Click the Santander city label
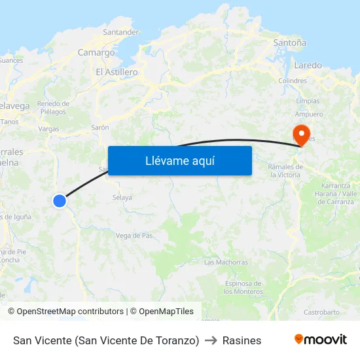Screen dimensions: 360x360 click(121, 31)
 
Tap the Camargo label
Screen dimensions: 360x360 click(96, 52)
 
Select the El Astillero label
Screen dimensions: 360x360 click(117, 72)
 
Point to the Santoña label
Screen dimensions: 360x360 click(289, 43)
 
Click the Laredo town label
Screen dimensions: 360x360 click(308, 65)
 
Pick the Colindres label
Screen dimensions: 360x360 click(293, 81)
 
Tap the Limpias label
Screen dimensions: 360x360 click(308, 101)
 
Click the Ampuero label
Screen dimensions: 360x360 click(309, 114)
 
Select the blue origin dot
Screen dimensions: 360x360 click(60, 201)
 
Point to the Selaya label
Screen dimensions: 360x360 click(122, 197)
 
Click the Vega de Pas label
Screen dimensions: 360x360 click(134, 236)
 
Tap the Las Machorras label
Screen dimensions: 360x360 click(226, 262)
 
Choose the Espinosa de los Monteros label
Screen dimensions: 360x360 click(243, 287)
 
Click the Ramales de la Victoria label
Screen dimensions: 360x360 click(285, 171)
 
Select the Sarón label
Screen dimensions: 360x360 click(100, 128)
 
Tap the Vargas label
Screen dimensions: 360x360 click(48, 129)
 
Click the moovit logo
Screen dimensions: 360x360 click(320, 340)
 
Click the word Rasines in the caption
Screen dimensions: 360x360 click(242, 340)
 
